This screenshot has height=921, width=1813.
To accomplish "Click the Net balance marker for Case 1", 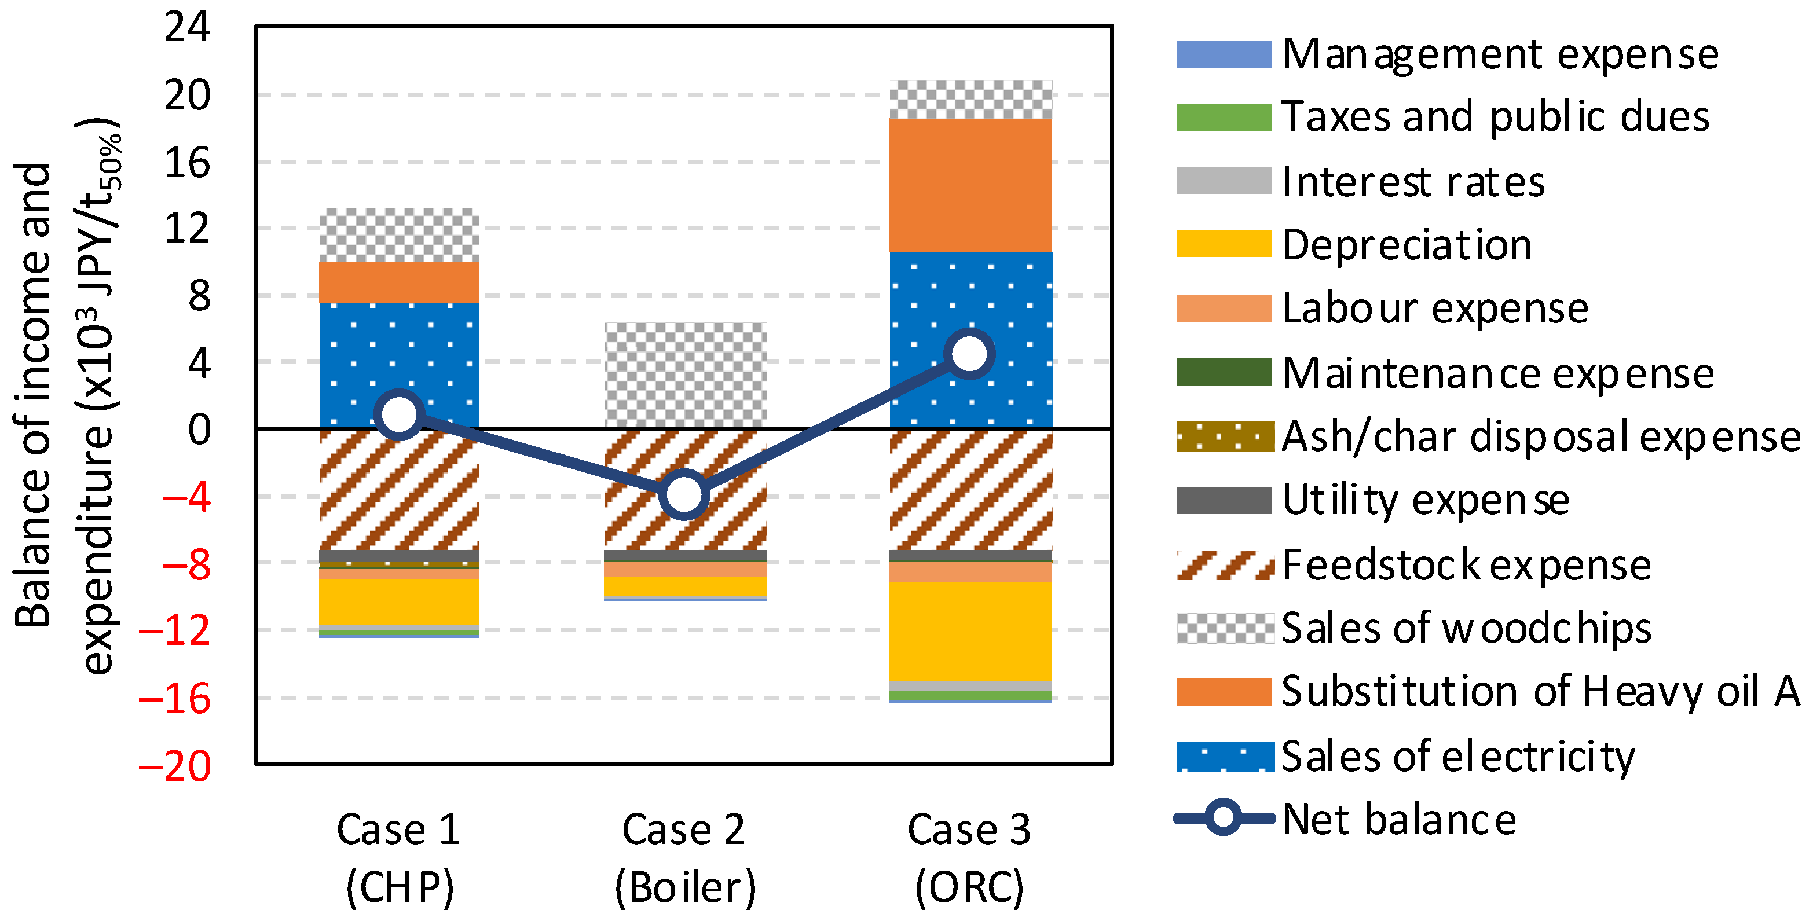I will [400, 414].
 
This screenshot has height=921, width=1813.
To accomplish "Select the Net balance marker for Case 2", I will [684, 494].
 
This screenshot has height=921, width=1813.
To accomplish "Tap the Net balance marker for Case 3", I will [970, 353].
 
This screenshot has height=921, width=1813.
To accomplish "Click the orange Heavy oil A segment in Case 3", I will [970, 185].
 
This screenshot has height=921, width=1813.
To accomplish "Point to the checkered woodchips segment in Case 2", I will [686, 375].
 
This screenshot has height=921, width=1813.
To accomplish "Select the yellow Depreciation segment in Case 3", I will [970, 630].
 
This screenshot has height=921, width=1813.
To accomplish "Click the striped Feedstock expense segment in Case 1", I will [399, 489].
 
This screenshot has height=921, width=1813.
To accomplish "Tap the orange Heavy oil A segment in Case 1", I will [399, 282].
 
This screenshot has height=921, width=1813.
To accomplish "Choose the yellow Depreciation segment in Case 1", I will [399, 601].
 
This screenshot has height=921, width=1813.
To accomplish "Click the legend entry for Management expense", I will [1499, 54].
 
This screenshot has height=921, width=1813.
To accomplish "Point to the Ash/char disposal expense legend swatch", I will [1225, 436].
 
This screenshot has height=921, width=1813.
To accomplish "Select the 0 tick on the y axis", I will [199, 429].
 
